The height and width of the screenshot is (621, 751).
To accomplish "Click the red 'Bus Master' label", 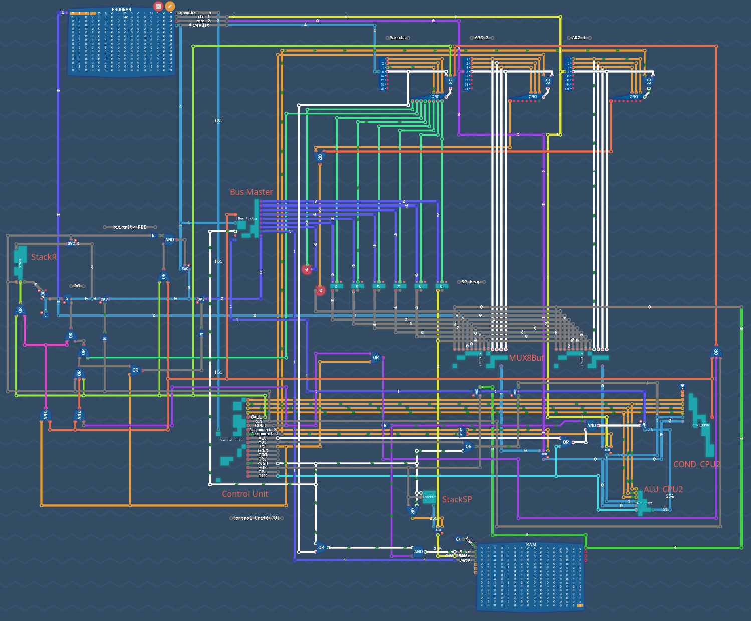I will click(251, 192).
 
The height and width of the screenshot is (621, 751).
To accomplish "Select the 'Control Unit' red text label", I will click(245, 494).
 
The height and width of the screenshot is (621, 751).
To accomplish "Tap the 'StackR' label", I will click(44, 257).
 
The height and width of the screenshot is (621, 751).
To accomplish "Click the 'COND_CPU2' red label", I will click(696, 464).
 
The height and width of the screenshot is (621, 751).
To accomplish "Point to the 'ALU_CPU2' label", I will click(663, 489).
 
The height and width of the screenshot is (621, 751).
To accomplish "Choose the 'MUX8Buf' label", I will click(526, 358).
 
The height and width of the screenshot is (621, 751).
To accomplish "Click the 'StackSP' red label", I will click(457, 499).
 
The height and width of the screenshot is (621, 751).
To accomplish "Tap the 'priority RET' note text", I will click(129, 227).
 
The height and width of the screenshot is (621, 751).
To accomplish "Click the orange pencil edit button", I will click(170, 7).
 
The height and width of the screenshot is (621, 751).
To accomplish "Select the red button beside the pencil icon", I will click(158, 7).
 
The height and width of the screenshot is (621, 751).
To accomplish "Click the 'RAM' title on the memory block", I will click(531, 545).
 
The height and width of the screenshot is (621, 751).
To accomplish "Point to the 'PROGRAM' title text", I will click(121, 10).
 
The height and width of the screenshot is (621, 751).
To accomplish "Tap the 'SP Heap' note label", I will click(471, 282).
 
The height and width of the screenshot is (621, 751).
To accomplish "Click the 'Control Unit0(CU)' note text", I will click(256, 518).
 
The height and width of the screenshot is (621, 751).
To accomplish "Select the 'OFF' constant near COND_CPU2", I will click(682, 387).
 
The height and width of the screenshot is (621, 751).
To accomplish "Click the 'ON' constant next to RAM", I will click(458, 540).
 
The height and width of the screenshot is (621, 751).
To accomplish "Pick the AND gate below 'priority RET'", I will click(169, 240).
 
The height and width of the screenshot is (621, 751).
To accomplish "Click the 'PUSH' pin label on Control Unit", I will click(262, 463).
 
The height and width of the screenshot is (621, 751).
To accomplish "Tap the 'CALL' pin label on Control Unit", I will click(256, 417).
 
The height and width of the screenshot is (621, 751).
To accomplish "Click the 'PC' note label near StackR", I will click(77, 286).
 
